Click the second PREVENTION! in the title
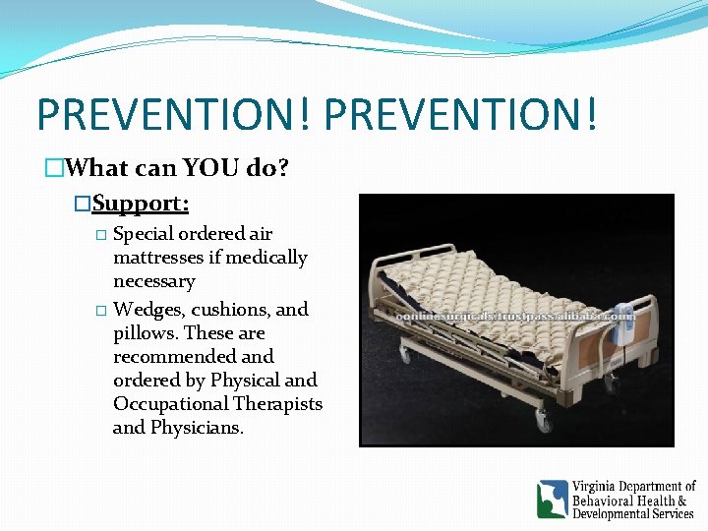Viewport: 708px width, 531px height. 459,113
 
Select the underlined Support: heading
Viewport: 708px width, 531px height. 141,204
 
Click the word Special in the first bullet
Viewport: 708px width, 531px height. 144,234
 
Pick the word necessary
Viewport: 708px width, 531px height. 154,281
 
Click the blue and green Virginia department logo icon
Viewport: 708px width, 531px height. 552,500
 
